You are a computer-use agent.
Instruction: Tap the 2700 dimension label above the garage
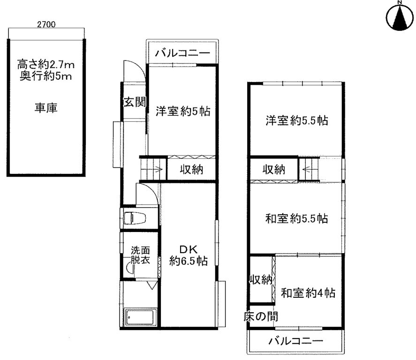point(46,25)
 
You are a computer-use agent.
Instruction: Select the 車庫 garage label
point(46,108)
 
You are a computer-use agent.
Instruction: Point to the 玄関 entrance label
point(135,102)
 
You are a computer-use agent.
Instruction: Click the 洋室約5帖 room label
point(183,111)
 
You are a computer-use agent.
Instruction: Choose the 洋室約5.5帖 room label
point(297,120)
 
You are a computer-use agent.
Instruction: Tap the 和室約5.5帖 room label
point(296,218)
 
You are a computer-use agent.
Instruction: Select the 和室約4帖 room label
point(308,293)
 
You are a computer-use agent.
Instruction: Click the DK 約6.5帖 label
point(189,255)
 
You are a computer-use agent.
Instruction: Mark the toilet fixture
point(135,218)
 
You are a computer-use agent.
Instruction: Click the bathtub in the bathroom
point(141,317)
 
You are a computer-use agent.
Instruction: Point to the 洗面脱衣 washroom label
point(140,255)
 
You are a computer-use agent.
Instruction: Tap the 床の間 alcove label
point(261,316)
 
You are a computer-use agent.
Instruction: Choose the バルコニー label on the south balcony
point(296,341)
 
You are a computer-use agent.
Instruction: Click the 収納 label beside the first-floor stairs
point(191,169)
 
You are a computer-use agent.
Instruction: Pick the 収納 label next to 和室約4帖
point(261,279)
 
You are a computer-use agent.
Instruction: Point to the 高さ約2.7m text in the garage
point(45,64)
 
